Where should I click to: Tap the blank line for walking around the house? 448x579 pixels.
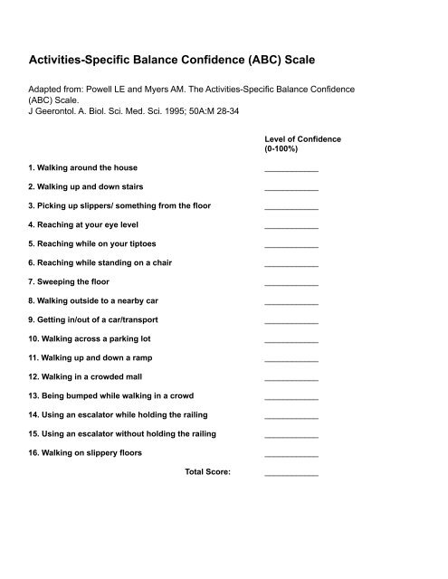291,170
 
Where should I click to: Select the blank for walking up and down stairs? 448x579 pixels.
291,189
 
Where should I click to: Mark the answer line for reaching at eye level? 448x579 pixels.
291,226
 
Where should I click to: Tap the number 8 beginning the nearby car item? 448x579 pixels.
30,301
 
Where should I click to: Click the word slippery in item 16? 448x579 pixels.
101,452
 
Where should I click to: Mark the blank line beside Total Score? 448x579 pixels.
291,473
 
